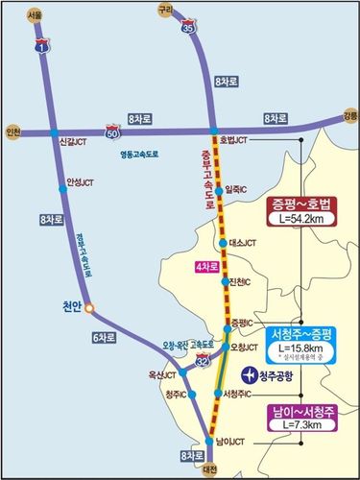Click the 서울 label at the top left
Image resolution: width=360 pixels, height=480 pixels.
(36, 16)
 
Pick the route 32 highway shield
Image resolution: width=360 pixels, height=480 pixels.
(202, 359)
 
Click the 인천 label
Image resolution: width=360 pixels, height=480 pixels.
(12, 131)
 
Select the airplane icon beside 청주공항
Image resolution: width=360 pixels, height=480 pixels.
(250, 374)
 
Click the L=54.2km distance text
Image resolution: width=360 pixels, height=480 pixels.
(302, 221)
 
